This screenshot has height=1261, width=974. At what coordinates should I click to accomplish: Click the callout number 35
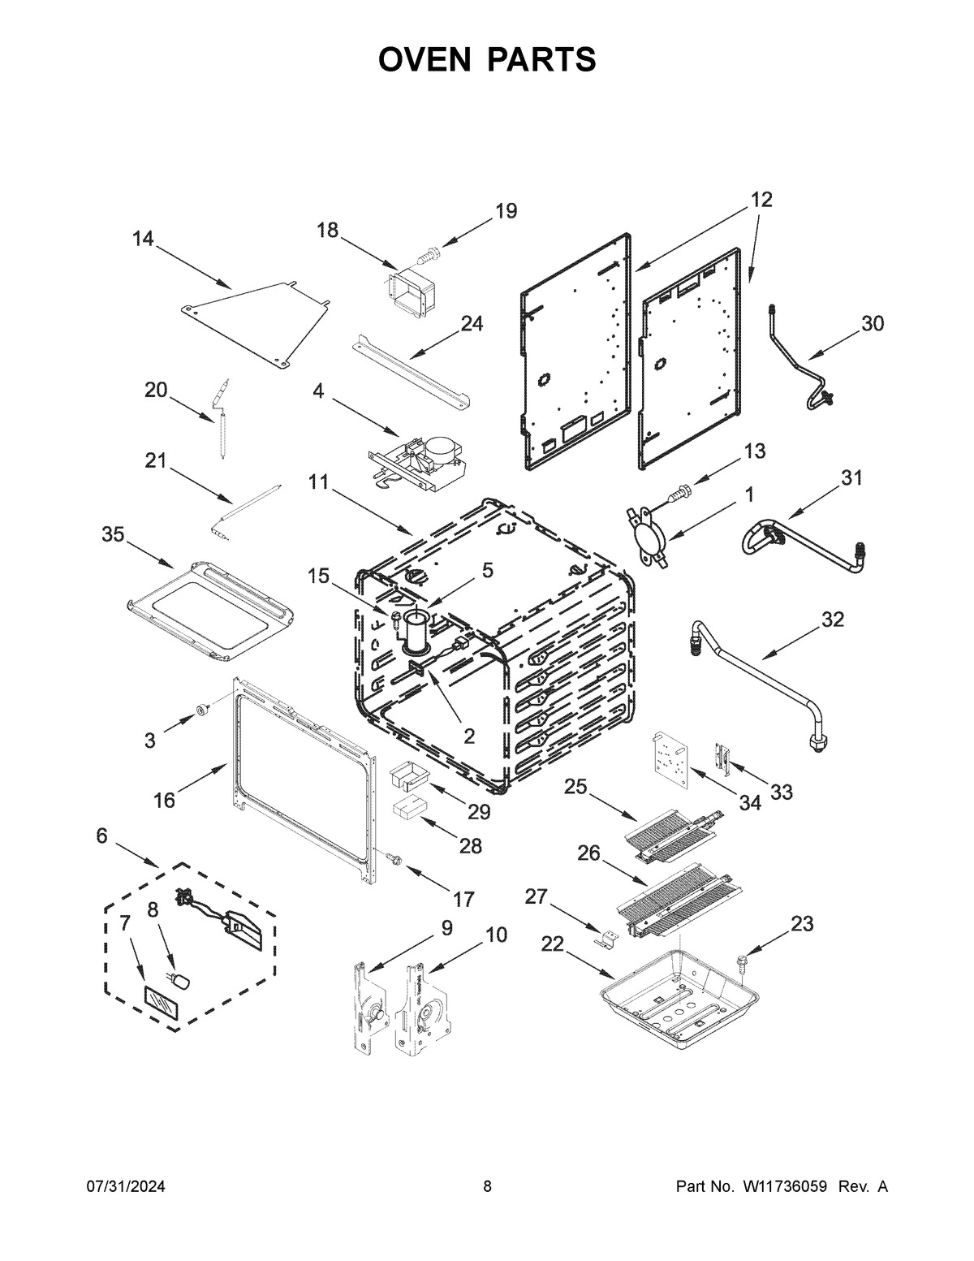tap(114, 534)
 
